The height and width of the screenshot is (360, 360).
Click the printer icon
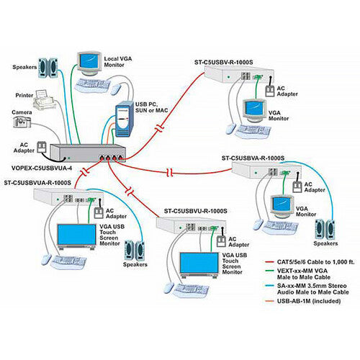coord(43,99)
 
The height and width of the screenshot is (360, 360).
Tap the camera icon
coord(22,122)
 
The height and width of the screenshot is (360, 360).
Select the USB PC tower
coord(125,119)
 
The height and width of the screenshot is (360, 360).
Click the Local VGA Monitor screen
coord(89,61)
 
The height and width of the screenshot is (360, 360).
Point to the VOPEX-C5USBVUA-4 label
coord(42,168)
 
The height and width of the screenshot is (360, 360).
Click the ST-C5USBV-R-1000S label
coord(223,62)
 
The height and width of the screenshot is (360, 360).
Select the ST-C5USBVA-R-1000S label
coord(253,158)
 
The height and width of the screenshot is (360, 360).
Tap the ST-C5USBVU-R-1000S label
coord(195,211)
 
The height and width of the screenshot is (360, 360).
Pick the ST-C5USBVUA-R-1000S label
coord(37,183)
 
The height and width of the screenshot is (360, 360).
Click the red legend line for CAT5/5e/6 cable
coord(269,262)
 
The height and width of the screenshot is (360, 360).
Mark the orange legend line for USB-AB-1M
coord(269,301)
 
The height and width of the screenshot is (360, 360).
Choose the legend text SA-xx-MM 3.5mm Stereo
coord(312,286)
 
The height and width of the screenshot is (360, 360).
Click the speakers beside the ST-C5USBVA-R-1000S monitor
coord(325,230)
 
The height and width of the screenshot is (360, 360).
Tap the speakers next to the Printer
coord(48,68)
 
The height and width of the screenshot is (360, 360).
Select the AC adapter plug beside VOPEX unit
coord(41,147)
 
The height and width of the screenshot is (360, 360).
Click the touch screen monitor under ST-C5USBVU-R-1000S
coord(199,265)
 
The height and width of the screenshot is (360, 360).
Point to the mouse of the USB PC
coord(116,89)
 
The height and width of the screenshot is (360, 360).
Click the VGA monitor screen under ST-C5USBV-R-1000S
coord(254,108)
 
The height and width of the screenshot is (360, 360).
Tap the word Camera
coord(22,112)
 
